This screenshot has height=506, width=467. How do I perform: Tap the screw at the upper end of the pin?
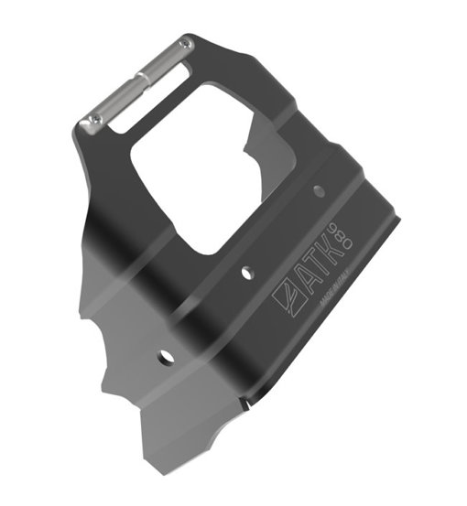pos(186,43)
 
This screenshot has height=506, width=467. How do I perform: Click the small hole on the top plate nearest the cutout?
pos(319,190)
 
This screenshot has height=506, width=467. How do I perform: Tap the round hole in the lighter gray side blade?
pos(165,354)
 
